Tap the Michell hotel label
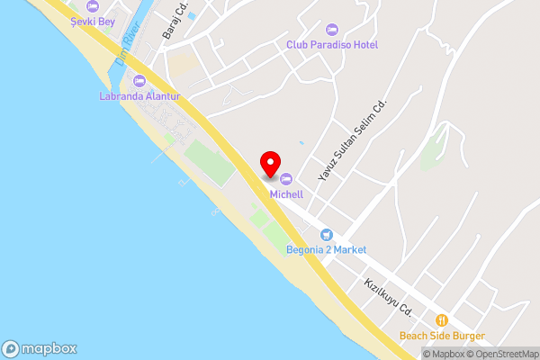(x=287, y=193)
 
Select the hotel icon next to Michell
(x=287, y=178)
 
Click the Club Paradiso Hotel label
(x=332, y=44)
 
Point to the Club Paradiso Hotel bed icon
(x=332, y=29)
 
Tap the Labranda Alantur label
(x=139, y=96)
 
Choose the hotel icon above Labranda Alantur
(x=139, y=81)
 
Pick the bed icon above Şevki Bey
(x=91, y=6)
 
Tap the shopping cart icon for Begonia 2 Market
(x=328, y=234)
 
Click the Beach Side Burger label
(x=442, y=337)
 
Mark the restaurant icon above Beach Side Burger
(x=442, y=320)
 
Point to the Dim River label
(x=123, y=50)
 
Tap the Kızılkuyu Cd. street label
(x=388, y=296)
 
